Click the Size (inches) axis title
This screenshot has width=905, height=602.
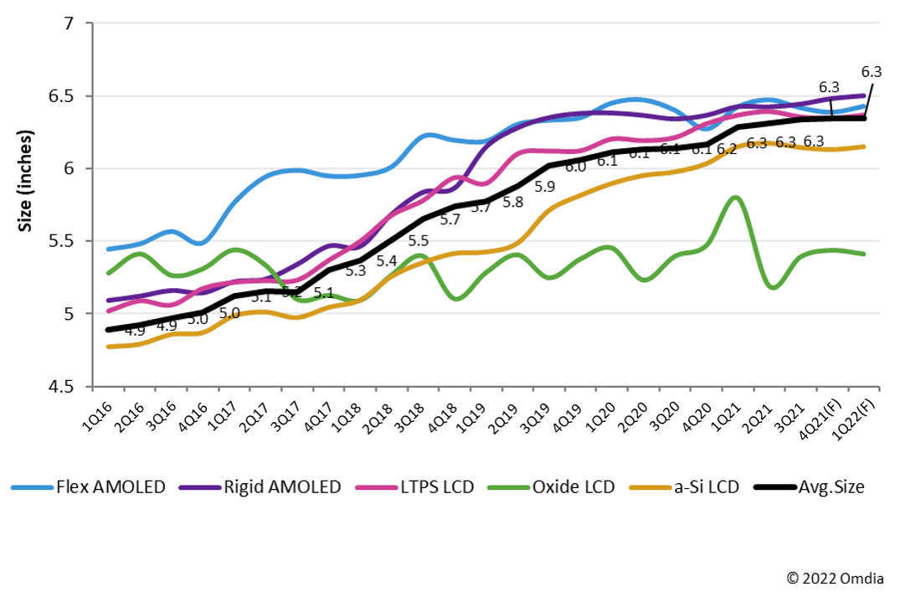click(27, 180)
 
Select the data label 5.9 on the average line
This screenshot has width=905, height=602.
click(545, 187)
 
